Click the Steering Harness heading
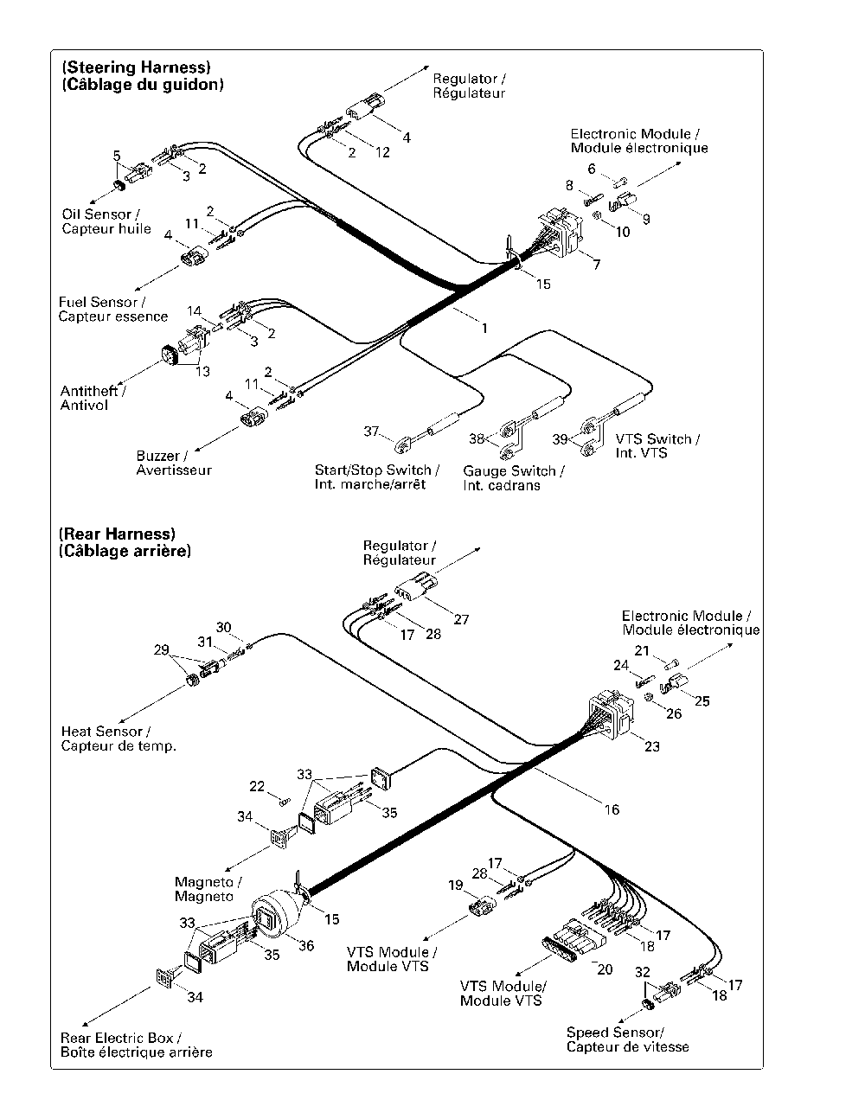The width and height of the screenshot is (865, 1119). (x=143, y=76)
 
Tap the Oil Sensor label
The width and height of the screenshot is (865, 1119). (x=106, y=221)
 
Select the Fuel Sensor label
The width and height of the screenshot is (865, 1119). (x=112, y=309)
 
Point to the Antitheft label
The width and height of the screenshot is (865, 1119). (x=93, y=398)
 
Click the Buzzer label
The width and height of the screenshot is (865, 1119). (x=174, y=463)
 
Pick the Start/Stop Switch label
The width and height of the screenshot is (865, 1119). (x=377, y=476)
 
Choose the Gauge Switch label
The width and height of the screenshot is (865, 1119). (x=513, y=478)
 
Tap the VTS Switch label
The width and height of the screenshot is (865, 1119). (x=657, y=446)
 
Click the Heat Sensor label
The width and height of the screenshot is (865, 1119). (x=119, y=739)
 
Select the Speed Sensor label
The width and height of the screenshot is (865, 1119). (x=627, y=1039)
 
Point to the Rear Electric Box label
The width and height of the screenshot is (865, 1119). (x=136, y=1045)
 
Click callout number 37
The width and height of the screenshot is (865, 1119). (x=371, y=431)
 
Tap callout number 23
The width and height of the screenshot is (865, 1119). (x=652, y=746)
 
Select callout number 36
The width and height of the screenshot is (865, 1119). (x=306, y=945)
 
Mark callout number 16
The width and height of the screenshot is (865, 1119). (x=612, y=809)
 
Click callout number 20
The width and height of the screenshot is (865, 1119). (x=605, y=969)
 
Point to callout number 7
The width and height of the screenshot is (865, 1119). (x=596, y=264)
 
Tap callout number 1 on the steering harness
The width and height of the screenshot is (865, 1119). (x=484, y=328)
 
